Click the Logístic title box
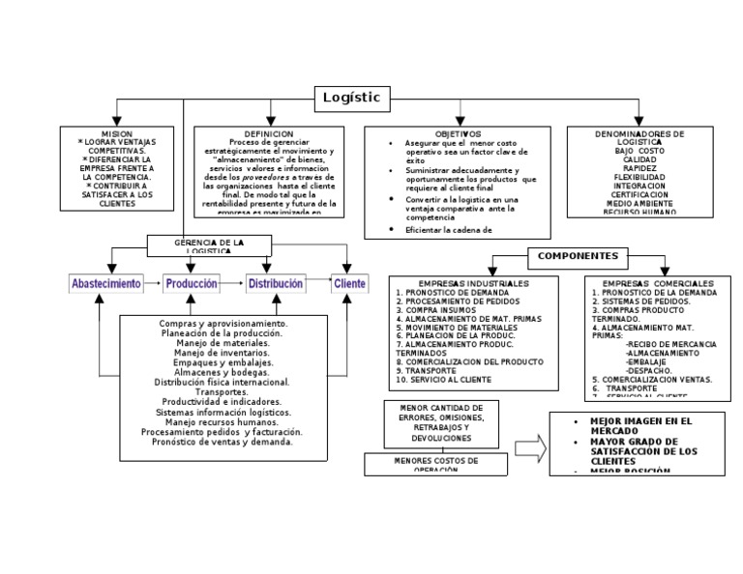(352, 98)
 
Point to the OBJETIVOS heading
(458, 133)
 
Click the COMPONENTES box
(579, 256)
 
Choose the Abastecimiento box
(106, 284)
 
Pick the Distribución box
(276, 284)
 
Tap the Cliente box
(349, 284)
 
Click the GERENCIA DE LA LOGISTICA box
(209, 245)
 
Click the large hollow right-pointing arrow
(528, 447)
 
